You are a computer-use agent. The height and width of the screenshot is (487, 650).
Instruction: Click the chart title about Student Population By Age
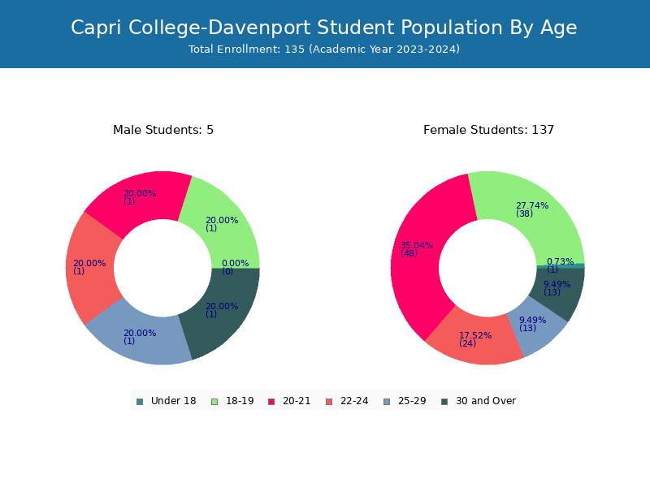pyautogui.click(x=323, y=28)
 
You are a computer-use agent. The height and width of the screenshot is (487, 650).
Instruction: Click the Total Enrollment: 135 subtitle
pyautogui.click(x=323, y=50)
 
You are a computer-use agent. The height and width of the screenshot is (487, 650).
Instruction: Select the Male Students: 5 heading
pyautogui.click(x=163, y=130)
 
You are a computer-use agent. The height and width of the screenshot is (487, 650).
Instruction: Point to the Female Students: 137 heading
pyautogui.click(x=488, y=130)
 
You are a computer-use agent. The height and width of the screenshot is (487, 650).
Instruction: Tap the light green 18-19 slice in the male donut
pyautogui.click(x=224, y=224)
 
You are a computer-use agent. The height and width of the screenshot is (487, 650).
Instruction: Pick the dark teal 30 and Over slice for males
pyautogui.click(x=224, y=312)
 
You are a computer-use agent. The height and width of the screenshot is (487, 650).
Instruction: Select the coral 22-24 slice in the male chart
pyautogui.click(x=89, y=268)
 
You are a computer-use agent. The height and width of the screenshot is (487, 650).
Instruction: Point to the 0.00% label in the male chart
pyautogui.click(x=235, y=263)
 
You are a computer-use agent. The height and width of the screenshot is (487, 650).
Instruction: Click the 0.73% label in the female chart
pyautogui.click(x=560, y=261)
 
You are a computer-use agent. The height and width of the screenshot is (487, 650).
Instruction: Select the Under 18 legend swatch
pyautogui.click(x=140, y=402)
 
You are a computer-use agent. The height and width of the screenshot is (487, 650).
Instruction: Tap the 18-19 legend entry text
pyautogui.click(x=240, y=401)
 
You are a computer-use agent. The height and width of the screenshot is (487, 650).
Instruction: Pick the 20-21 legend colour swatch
pyautogui.click(x=271, y=402)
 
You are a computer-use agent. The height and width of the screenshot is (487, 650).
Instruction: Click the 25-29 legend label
pyautogui.click(x=412, y=401)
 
